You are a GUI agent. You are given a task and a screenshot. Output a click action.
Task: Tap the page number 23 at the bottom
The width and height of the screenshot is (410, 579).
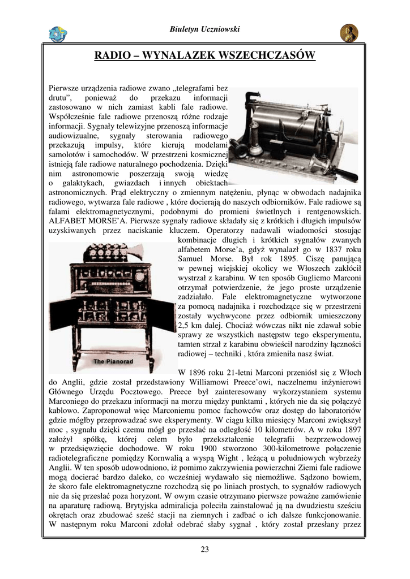tap(204, 549)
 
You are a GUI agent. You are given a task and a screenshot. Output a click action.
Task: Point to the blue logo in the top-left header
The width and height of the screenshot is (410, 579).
tap(58, 34)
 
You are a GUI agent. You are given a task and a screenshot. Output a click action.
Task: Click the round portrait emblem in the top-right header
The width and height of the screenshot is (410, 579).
tap(349, 33)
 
